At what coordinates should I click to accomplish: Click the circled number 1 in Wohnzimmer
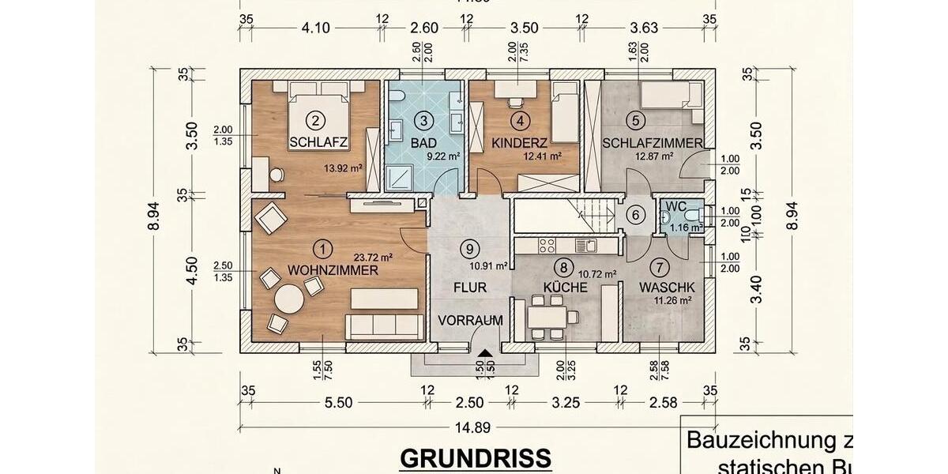pyautogui.click(x=322, y=248)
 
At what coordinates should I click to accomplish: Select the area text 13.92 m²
pyautogui.click(x=342, y=168)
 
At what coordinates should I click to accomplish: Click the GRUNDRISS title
pyautogui.click(x=475, y=458)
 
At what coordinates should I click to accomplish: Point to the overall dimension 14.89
pyautogui.click(x=472, y=427)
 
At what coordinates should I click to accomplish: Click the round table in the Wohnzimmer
pyautogui.click(x=288, y=300)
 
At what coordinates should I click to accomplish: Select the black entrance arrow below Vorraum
pyautogui.click(x=484, y=355)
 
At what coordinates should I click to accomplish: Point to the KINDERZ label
pyautogui.click(x=519, y=143)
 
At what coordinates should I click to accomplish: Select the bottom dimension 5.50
pyautogui.click(x=337, y=403)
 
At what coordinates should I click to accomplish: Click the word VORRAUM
pyautogui.click(x=471, y=320)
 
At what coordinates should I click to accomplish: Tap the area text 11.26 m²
pyautogui.click(x=671, y=300)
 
